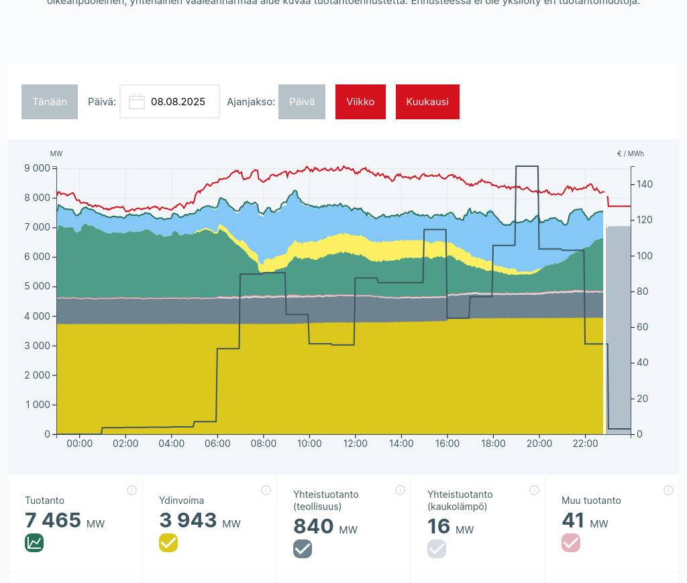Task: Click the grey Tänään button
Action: tap(50, 102)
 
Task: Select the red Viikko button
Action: tap(360, 102)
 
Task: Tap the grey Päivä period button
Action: tap(302, 102)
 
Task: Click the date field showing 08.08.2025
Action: tap(177, 102)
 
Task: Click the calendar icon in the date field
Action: tap(137, 102)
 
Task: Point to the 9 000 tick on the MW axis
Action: tap(38, 168)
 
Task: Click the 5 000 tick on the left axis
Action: tap(38, 287)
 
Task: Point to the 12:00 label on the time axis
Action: tap(355, 444)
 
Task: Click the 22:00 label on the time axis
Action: tap(585, 444)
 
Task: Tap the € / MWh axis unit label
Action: tap(631, 154)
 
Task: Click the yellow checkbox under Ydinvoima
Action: tap(168, 543)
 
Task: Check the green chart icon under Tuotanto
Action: tap(34, 543)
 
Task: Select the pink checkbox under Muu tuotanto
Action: tap(571, 543)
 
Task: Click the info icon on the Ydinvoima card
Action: tap(266, 491)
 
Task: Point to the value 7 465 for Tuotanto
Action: tap(53, 521)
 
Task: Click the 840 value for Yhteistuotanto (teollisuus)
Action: tap(313, 527)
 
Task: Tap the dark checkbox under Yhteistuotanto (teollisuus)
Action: tap(303, 549)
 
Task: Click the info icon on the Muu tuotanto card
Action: tap(668, 491)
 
